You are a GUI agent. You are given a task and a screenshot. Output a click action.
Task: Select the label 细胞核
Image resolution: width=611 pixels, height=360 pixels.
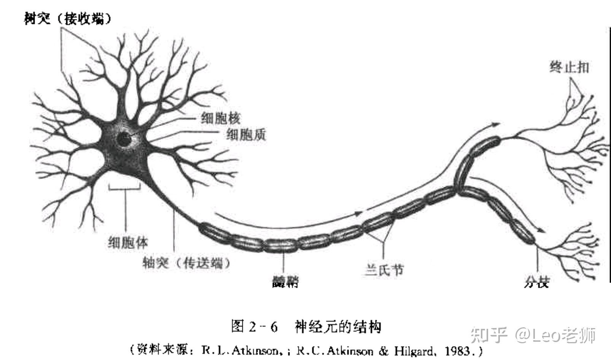pos(221,118)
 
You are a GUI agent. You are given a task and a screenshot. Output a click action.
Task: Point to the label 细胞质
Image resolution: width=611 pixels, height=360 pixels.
pos(246,135)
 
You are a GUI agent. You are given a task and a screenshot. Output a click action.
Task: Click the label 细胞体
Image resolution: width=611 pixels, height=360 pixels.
pos(128,242)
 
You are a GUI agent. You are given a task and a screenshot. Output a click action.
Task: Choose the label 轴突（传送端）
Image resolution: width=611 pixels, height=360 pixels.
pos(186,263)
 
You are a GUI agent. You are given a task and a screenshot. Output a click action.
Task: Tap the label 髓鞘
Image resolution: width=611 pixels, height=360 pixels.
pos(285,282)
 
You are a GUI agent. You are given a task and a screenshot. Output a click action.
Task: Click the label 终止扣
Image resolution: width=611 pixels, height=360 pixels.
pos(569,67)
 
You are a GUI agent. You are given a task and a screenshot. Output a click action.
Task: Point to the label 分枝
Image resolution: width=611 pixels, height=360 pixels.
pos(537,282)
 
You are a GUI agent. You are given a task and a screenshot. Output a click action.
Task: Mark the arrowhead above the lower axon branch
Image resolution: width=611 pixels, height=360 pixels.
pos(539,230)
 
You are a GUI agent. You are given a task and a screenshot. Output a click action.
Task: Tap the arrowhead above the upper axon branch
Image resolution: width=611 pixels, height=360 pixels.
pos(496,124)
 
